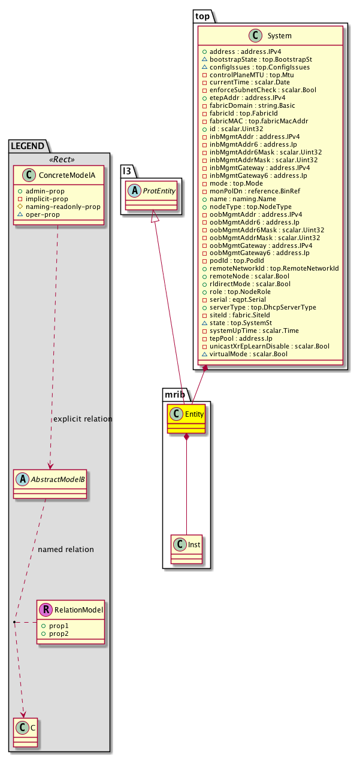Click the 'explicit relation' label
83,419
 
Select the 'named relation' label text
65,549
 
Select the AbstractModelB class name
56,479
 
